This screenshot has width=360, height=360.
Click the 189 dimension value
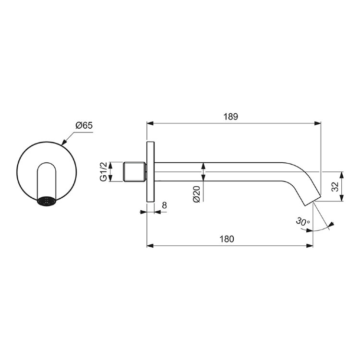pyautogui.click(x=231, y=117)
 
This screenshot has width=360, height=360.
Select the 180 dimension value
pyautogui.click(x=227, y=239)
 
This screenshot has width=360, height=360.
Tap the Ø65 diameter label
pyautogui.click(x=84, y=125)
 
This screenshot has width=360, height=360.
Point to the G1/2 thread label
pyautogui.click(x=104, y=171)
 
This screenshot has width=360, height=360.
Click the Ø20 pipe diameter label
pyautogui.click(x=197, y=194)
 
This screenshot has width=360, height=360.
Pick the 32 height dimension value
pyautogui.click(x=335, y=186)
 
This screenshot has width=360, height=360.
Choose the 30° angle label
pyautogui.click(x=303, y=221)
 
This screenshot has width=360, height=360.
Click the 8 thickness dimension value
pyautogui.click(x=164, y=205)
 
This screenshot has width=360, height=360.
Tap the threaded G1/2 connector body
pyautogui.click(x=134, y=172)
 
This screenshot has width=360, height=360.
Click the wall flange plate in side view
pyautogui.click(x=151, y=172)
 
